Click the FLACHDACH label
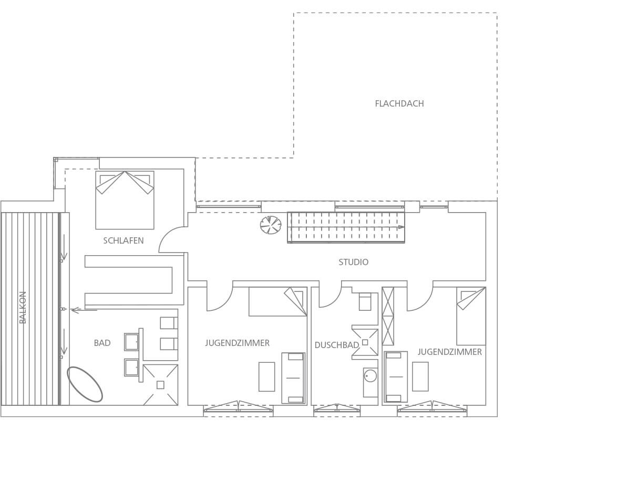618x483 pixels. [399, 103]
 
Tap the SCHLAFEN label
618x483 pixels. [123, 240]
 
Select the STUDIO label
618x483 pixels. [354, 262]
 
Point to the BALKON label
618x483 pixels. [23, 308]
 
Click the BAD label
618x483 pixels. [102, 343]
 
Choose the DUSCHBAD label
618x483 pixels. [336, 345]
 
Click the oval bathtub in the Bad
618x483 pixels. [85, 384]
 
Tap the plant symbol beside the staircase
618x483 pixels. [271, 225]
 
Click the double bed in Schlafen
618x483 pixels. [125, 200]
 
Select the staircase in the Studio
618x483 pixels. [346, 227]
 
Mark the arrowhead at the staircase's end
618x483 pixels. [401, 227]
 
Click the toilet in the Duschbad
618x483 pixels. [365, 302]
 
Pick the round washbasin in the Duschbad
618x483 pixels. [370, 375]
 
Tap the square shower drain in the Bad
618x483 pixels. [160, 385]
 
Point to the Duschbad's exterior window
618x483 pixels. [337, 410]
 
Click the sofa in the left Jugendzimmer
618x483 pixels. [293, 378]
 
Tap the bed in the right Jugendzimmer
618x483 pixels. [471, 316]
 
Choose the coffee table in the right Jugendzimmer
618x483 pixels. [420, 376]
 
